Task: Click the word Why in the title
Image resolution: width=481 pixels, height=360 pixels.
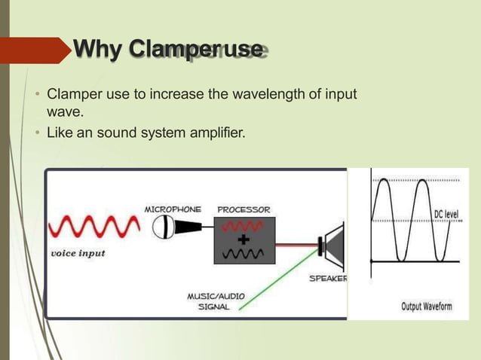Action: pyautogui.click(x=98, y=51)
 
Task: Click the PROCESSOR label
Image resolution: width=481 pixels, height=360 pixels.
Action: pyautogui.click(x=244, y=208)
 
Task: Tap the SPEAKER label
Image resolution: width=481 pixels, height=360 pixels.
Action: pyautogui.click(x=328, y=278)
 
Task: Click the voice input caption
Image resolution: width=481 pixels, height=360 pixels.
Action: pyautogui.click(x=78, y=253)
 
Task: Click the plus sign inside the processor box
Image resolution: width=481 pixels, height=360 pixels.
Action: pyautogui.click(x=244, y=239)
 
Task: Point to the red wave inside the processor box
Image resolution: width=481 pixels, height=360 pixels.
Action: pyautogui.click(x=244, y=226)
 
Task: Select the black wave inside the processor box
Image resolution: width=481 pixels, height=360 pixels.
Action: pyautogui.click(x=244, y=253)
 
